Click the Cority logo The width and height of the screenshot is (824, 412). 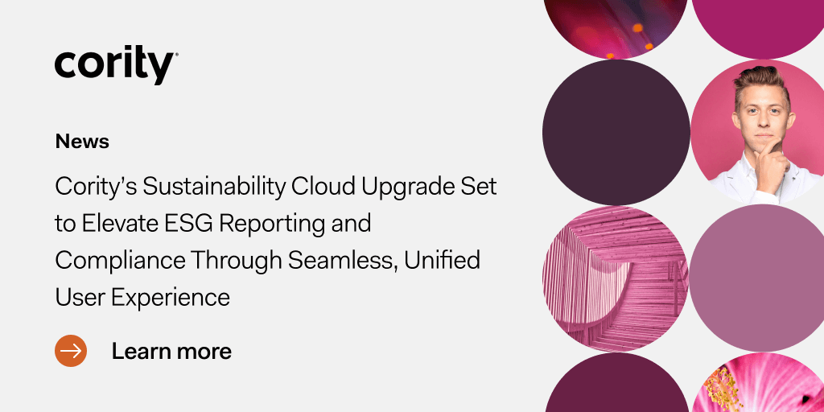(115, 66)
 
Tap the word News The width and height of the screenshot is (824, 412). (82, 142)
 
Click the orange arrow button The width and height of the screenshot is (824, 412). (71, 351)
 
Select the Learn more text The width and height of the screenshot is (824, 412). (171, 351)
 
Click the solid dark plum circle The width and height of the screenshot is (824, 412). (616, 132)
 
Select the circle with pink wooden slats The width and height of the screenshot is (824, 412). (616, 278)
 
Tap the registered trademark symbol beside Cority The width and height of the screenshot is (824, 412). (176, 55)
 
